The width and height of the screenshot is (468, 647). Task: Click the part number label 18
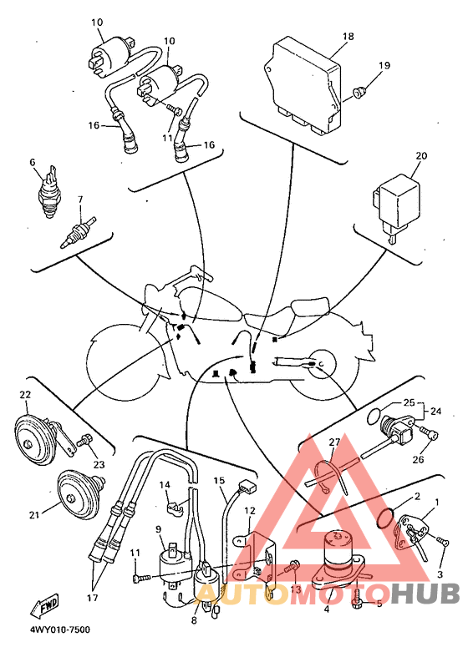pos(348,36)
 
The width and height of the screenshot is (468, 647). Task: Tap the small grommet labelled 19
pos(359,93)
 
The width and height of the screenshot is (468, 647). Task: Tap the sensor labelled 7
pos(78,232)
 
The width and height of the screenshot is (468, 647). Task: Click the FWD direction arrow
pos(43,606)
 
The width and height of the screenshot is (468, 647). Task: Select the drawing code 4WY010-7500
pos(59,629)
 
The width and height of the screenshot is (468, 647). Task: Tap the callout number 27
pos(334,442)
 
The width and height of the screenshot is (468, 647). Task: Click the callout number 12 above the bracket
pos(250,510)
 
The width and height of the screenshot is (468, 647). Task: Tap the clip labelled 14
pos(174,507)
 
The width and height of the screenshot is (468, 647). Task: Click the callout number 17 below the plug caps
pos(93,597)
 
